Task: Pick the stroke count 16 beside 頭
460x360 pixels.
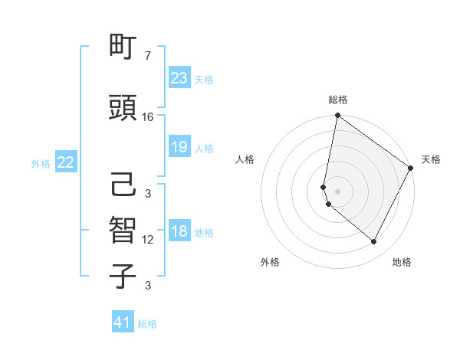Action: coord(148,117)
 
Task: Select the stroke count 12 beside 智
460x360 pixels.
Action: coord(148,241)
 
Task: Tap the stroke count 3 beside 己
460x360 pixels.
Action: coord(148,194)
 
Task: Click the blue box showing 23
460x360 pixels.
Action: coord(179,77)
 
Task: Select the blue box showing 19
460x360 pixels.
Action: coord(179,147)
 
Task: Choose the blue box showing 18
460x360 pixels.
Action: coord(179,232)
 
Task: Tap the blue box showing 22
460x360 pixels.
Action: coord(66,162)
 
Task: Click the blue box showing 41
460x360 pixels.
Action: coord(123,322)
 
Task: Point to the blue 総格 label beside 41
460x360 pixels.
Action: coord(147,324)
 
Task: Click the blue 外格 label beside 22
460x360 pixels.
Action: coord(41,163)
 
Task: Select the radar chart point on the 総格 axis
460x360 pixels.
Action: coord(337,116)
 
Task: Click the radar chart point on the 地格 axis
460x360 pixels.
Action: coord(374,242)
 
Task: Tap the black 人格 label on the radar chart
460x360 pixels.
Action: coord(245,159)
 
